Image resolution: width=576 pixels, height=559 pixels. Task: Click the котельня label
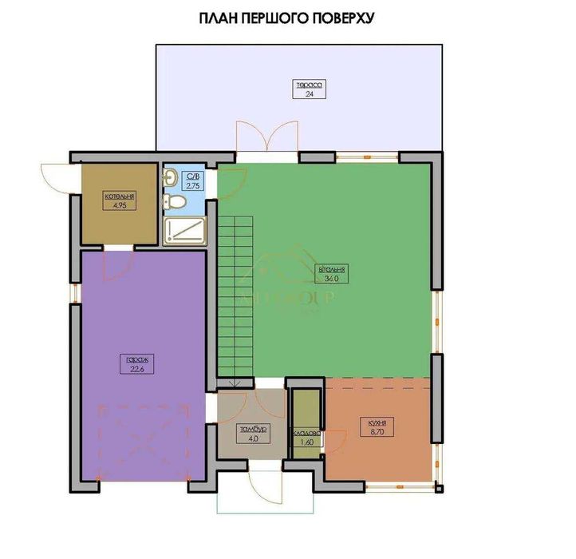(119, 196)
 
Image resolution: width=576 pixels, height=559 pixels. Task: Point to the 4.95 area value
(119, 204)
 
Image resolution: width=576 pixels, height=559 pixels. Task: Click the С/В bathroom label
(192, 176)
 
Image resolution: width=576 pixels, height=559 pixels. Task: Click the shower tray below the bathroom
(183, 231)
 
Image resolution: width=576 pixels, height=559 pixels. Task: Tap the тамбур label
(251, 429)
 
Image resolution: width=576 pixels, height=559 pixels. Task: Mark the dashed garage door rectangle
(142, 441)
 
